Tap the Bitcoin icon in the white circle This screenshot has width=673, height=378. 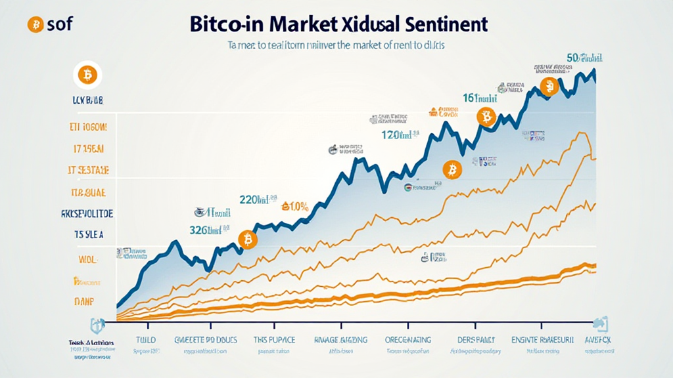coord(87,75)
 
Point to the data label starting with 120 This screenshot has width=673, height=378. coord(400,135)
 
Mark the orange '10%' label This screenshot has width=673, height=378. coord(295,207)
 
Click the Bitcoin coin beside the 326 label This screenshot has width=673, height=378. coord(248,240)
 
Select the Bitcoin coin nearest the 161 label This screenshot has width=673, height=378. coord(486,117)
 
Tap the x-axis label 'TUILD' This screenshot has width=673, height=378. coord(149,341)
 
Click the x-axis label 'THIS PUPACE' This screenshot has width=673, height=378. coord(274,341)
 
